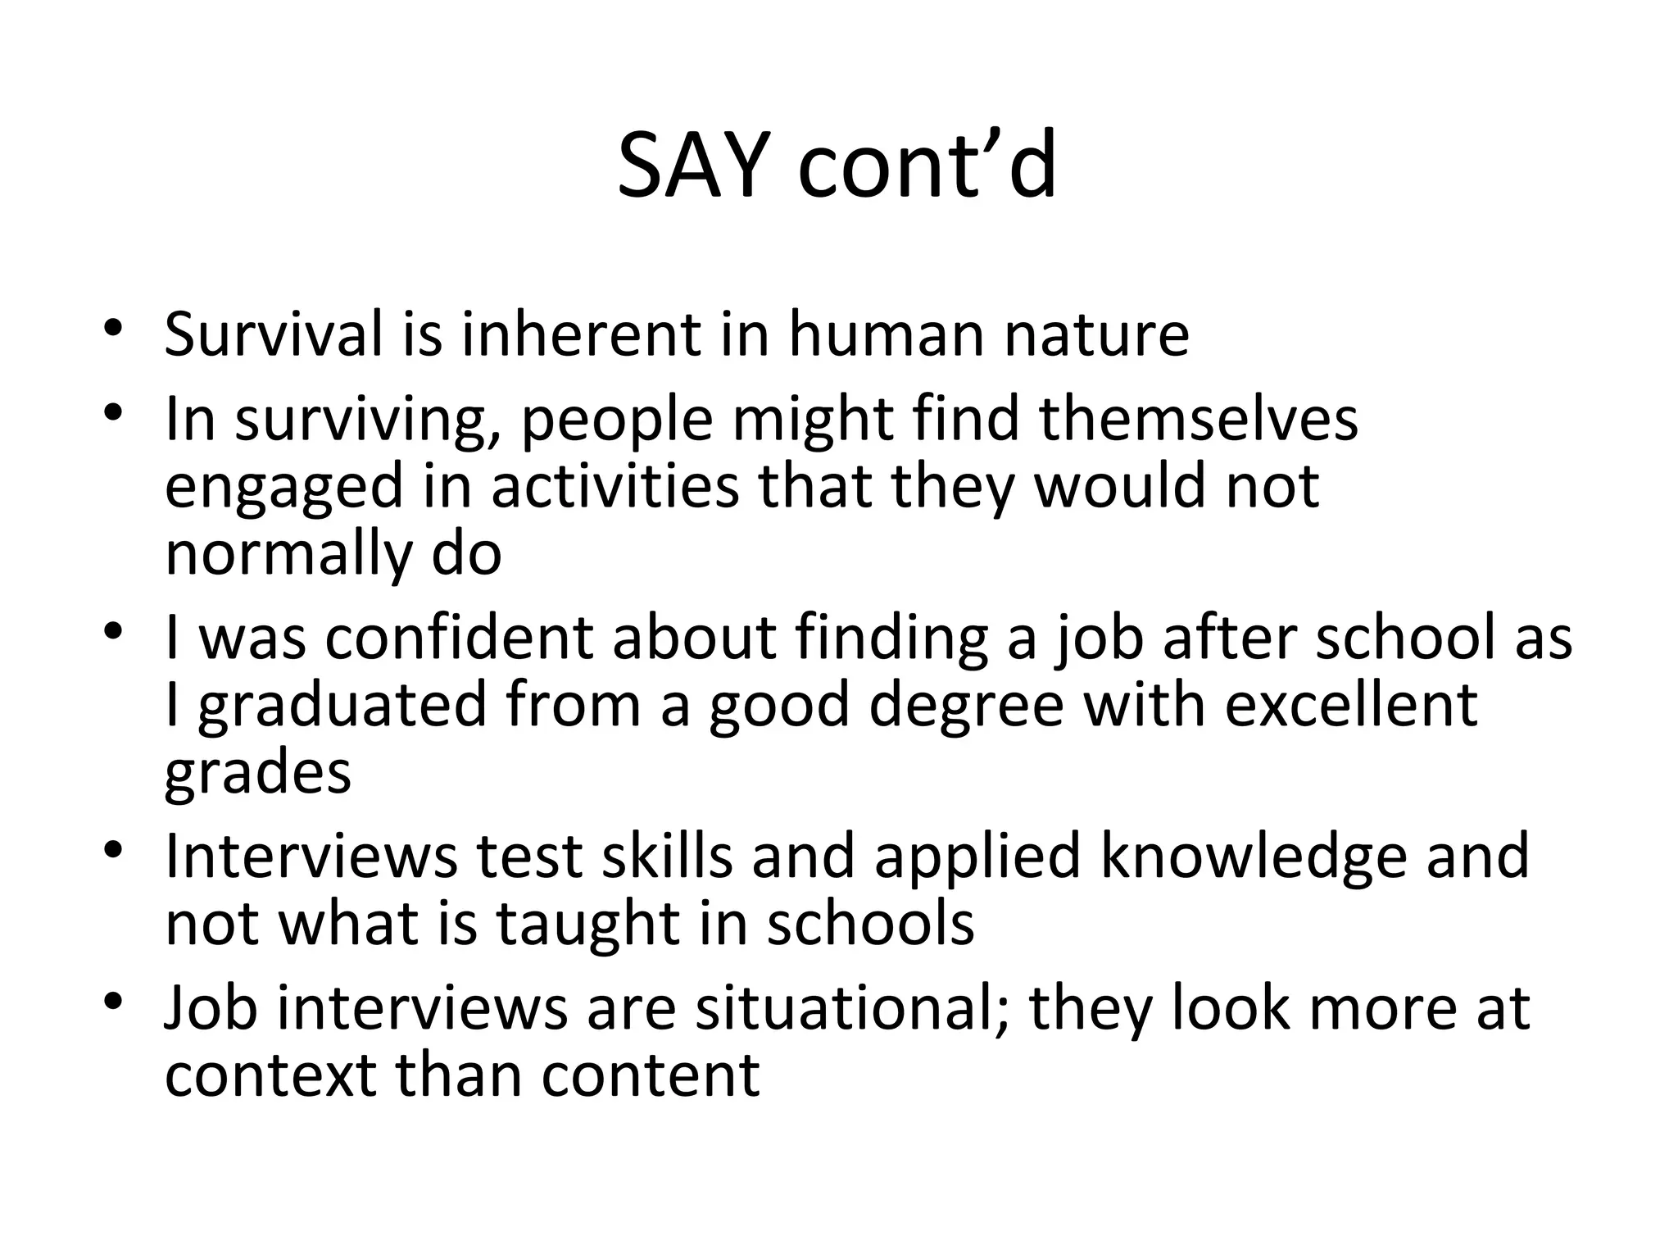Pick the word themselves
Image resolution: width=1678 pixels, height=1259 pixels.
coord(1199,419)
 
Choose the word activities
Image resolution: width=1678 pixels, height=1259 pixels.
coord(615,486)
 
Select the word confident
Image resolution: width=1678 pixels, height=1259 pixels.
coord(458,638)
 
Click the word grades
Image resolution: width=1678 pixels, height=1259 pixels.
coord(257,774)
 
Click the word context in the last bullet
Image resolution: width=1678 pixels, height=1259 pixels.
coord(270,1075)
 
